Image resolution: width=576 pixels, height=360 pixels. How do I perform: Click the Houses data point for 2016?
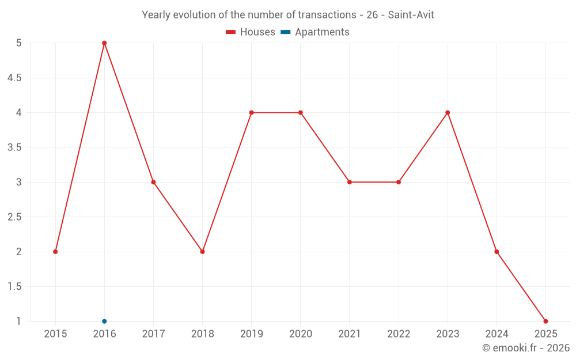(x=104, y=43)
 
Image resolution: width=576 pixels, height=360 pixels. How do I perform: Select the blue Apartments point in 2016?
(x=104, y=321)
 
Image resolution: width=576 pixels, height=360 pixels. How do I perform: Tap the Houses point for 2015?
(x=55, y=252)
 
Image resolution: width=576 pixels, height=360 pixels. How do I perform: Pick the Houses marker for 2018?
(x=202, y=252)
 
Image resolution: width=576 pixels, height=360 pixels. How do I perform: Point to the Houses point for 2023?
(x=448, y=112)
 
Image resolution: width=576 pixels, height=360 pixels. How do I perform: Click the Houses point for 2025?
(x=545, y=321)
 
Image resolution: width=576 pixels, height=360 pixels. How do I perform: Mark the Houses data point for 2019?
(x=251, y=112)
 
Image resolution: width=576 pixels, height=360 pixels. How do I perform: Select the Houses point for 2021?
(x=350, y=182)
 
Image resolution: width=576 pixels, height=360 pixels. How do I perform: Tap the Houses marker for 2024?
(x=497, y=252)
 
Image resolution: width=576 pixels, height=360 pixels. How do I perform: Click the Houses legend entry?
(x=251, y=32)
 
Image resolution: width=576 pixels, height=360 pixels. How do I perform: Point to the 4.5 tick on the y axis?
(x=14, y=78)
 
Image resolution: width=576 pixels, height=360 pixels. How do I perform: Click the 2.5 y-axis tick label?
(x=14, y=217)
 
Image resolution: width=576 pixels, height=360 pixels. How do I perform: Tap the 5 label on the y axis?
(x=19, y=43)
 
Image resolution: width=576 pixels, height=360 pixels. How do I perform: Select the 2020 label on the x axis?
(x=301, y=334)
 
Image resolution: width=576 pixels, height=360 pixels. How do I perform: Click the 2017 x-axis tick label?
(x=153, y=334)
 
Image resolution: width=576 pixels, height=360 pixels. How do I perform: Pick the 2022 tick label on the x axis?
(x=399, y=334)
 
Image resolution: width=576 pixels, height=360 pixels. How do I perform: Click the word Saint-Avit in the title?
(x=411, y=15)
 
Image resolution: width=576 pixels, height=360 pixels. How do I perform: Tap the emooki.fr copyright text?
(x=525, y=348)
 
